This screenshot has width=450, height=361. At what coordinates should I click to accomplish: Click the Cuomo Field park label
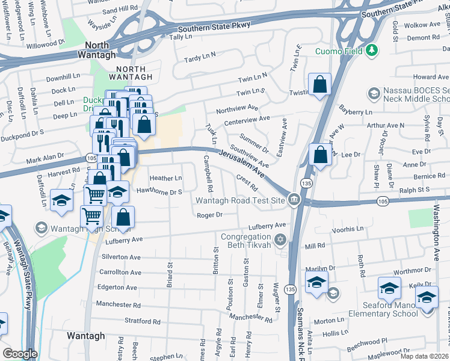339,51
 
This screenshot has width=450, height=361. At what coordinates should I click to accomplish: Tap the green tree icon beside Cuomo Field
372,51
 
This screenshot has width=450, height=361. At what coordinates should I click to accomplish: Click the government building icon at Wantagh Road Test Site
294,200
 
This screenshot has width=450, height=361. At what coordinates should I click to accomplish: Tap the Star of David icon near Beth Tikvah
280,241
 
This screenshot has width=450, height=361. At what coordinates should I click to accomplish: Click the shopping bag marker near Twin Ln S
320,85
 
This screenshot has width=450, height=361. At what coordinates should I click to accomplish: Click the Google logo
20,354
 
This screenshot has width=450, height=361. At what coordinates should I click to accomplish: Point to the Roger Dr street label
211,215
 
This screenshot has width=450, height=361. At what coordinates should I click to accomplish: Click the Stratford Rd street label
142,321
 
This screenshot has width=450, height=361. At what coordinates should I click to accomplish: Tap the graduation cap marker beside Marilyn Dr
316,283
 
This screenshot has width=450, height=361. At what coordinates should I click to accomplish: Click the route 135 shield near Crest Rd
307,182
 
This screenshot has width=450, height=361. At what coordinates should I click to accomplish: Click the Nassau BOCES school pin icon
373,93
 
